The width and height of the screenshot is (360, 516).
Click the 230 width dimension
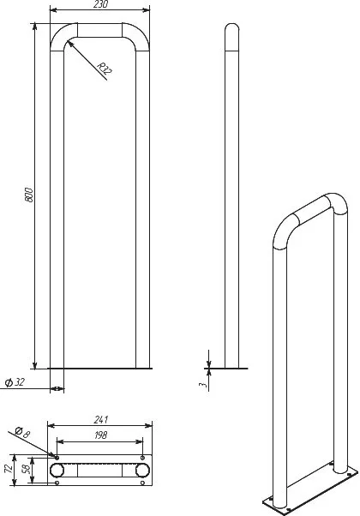pyautogui.click(x=100, y=4)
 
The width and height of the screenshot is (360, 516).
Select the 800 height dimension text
pyautogui.click(x=29, y=195)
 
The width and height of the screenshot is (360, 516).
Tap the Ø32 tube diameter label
pyautogui.click(x=15, y=382)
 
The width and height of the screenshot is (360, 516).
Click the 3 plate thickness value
pyautogui.click(x=203, y=384)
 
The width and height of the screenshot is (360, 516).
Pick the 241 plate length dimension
pyautogui.click(x=100, y=420)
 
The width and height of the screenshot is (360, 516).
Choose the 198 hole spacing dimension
pyautogui.click(x=100, y=435)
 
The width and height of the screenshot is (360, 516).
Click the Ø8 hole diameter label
pyautogui.click(x=22, y=432)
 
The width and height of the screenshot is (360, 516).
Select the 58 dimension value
pyautogui.click(x=27, y=469)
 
